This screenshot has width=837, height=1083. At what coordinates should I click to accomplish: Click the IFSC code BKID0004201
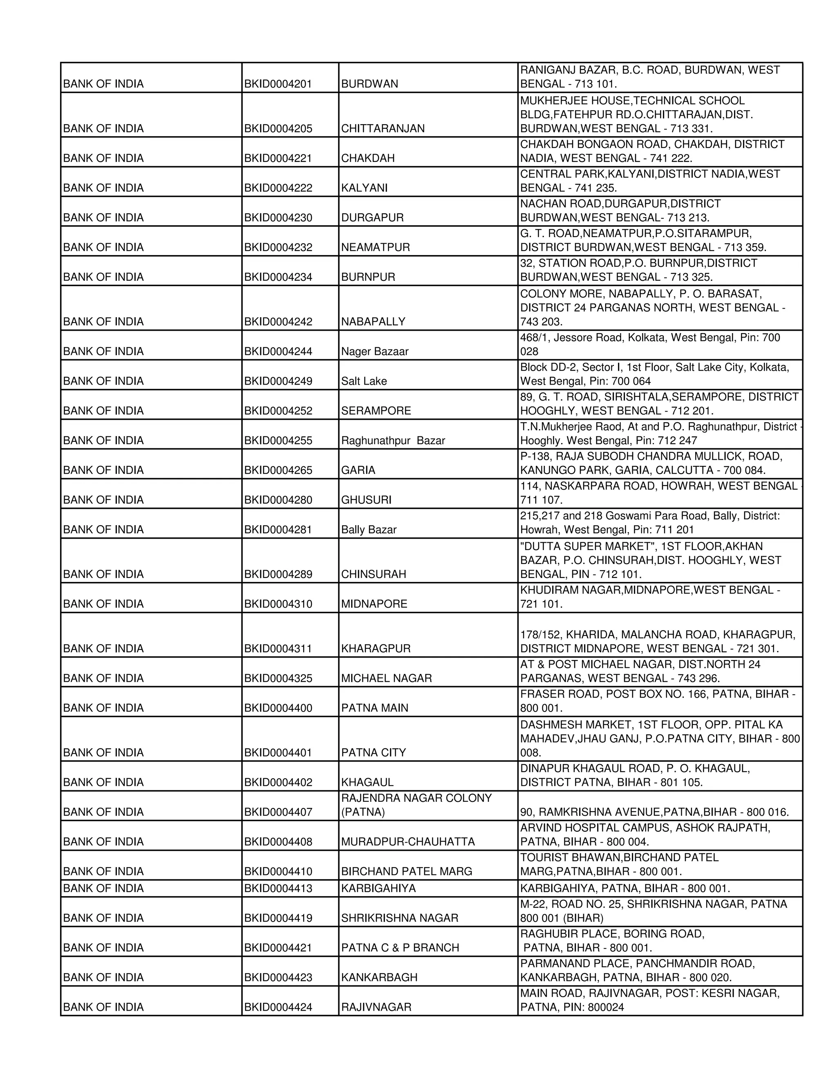tap(278, 84)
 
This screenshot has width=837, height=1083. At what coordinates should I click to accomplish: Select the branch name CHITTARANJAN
tap(383, 128)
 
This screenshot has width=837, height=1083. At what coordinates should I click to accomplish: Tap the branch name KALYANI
tap(365, 188)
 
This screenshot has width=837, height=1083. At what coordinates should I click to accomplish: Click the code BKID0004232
tap(278, 247)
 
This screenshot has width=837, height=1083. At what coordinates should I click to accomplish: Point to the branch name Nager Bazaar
tap(375, 351)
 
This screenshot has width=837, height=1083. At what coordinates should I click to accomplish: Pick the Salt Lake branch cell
tap(364, 381)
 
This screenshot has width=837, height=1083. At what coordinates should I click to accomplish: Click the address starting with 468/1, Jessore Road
tap(649, 345)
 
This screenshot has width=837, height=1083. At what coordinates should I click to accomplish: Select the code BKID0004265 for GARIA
tap(278, 470)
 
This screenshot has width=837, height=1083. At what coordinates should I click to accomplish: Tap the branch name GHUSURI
tap(366, 500)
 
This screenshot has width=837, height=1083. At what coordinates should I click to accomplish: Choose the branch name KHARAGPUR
tap(376, 649)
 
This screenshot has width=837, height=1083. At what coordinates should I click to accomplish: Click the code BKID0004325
tap(278, 678)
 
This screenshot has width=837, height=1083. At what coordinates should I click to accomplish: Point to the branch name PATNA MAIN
tap(375, 708)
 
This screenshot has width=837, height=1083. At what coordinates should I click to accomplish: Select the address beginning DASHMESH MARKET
tap(660, 738)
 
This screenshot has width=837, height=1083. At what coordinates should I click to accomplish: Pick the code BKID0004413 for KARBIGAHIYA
tap(278, 888)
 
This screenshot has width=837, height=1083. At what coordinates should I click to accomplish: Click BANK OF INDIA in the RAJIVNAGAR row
tap(103, 1007)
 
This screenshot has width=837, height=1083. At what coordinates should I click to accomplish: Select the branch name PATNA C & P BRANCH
tap(400, 948)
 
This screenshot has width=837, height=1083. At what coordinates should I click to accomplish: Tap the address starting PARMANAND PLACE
tap(637, 971)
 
